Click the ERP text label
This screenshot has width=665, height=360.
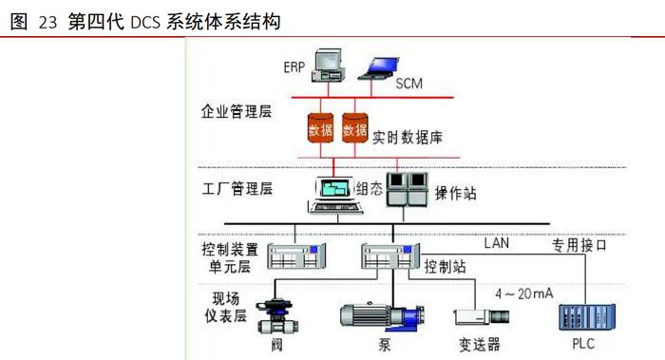(294, 67)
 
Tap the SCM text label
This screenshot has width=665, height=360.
(408, 84)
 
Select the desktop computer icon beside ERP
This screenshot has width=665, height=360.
(328, 63)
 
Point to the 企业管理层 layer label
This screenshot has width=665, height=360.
(237, 112)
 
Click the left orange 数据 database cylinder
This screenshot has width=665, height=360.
(320, 129)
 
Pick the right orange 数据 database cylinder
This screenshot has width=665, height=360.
(355, 129)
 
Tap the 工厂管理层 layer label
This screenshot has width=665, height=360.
(237, 187)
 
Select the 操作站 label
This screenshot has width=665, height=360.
(456, 193)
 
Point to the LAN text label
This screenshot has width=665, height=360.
(498, 243)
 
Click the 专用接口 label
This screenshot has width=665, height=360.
(586, 245)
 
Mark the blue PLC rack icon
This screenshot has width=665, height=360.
(585, 314)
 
